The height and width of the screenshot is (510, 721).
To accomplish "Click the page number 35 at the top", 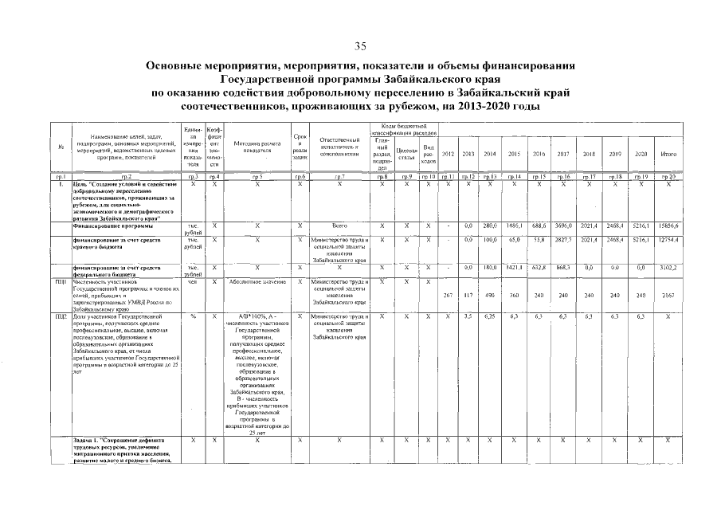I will coord(360,45).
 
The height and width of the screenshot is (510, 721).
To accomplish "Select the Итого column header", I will coord(668,153).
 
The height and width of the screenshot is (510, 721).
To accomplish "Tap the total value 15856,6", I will coord(668,227).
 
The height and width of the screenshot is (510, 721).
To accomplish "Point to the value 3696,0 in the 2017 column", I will coord(562,227).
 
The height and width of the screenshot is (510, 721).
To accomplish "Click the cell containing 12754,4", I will coord(668,240).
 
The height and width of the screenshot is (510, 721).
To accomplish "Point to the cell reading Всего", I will coord(339,227).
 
